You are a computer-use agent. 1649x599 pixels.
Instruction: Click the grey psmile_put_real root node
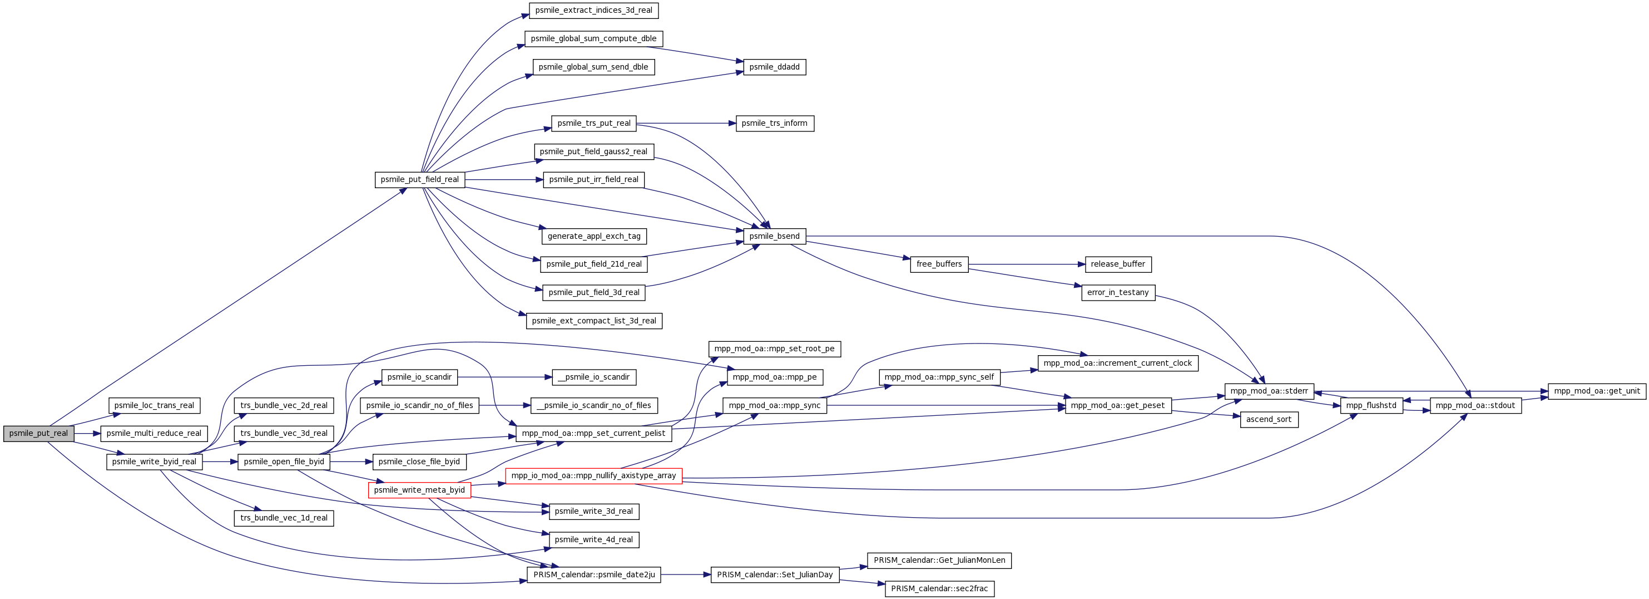pyautogui.click(x=38, y=434)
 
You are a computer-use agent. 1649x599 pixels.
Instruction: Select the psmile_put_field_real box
pyautogui.click(x=420, y=179)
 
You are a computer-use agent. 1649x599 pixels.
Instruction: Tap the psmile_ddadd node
pyautogui.click(x=775, y=67)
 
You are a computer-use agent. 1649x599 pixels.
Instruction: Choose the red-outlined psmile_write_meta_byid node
pyautogui.click(x=420, y=490)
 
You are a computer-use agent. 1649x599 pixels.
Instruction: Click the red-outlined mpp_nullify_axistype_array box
pyautogui.click(x=594, y=476)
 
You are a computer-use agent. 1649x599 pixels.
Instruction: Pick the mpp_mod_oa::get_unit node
pyautogui.click(x=1597, y=391)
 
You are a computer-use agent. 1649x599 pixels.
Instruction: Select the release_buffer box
pyautogui.click(x=1118, y=264)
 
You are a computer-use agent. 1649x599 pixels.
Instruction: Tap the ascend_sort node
pyautogui.click(x=1269, y=420)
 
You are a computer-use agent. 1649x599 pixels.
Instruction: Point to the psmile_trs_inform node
pyautogui.click(x=775, y=123)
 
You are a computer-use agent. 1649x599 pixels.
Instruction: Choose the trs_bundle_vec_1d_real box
pyautogui.click(x=284, y=518)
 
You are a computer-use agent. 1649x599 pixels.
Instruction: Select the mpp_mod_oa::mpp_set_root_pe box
pyautogui.click(x=775, y=349)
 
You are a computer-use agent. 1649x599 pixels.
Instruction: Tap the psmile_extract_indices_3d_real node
pyautogui.click(x=594, y=10)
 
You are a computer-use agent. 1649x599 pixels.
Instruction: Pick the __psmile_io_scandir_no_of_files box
pyautogui.click(x=594, y=405)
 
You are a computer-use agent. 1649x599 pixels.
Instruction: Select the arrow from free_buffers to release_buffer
pyautogui.click(x=1027, y=264)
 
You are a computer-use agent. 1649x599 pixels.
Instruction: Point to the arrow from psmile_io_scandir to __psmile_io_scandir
pyautogui.click(x=505, y=377)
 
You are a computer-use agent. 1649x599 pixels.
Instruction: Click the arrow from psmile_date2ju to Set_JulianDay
pyautogui.click(x=686, y=575)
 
